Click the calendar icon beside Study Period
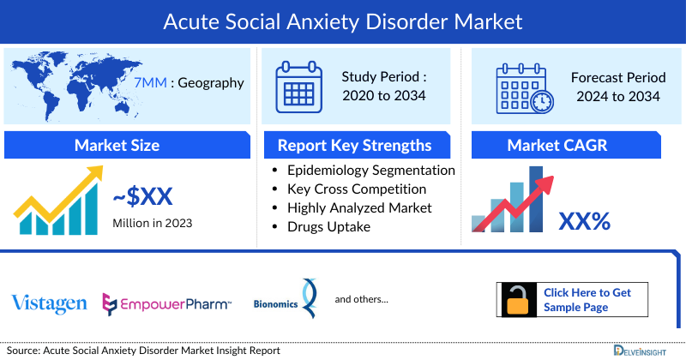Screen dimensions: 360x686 point(298,87)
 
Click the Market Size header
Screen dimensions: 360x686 point(117,145)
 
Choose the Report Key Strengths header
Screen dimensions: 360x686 point(354,145)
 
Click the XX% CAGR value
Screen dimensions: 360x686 point(584,221)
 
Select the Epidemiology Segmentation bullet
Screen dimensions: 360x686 point(370,170)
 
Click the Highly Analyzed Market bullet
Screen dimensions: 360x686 point(359,207)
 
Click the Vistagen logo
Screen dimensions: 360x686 point(49,303)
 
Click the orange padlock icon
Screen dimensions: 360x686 point(519,300)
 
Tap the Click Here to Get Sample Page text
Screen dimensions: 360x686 point(587,300)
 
